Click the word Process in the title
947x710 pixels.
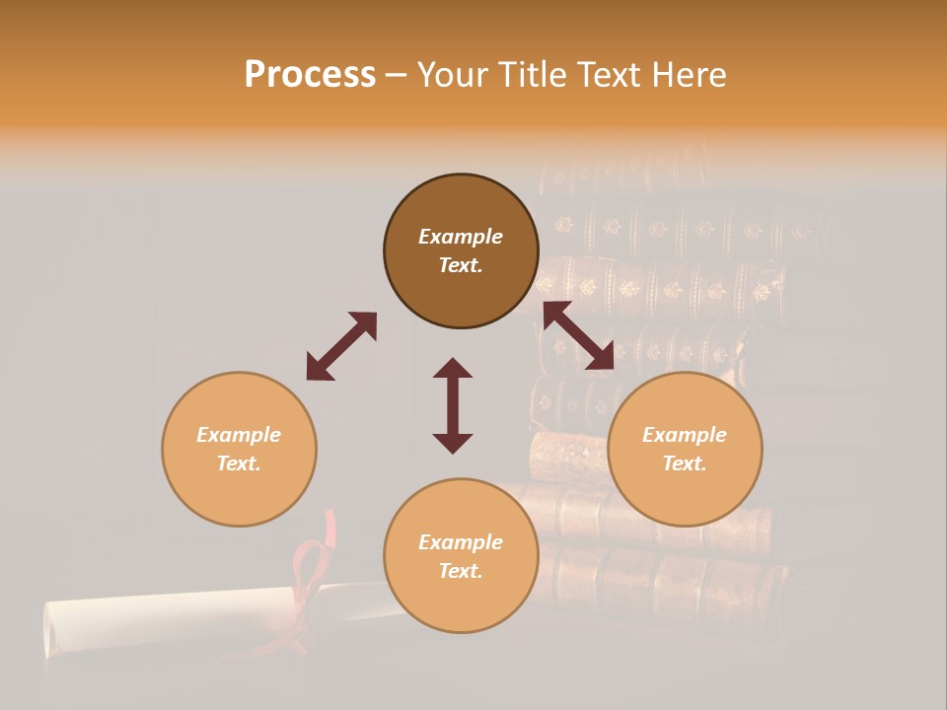click(x=310, y=75)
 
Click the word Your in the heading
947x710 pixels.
click(x=450, y=75)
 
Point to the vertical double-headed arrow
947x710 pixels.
click(x=453, y=405)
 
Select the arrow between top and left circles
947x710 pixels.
click(x=341, y=346)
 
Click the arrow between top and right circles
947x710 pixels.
click(x=578, y=336)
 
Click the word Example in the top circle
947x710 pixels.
click(x=461, y=237)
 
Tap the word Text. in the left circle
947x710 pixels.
click(x=239, y=463)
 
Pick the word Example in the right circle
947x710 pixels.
click(x=685, y=435)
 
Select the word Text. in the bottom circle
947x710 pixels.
click(x=461, y=571)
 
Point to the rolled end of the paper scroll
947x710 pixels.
click(x=57, y=631)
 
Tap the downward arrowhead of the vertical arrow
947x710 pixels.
click(x=453, y=443)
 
